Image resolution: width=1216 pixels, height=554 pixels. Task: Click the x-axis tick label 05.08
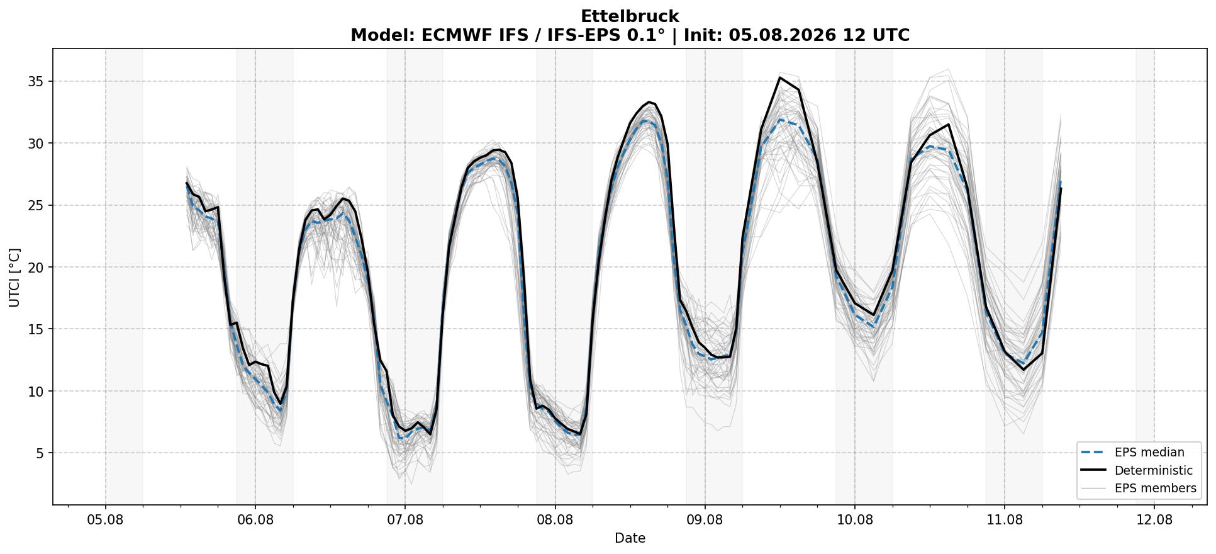[106, 520]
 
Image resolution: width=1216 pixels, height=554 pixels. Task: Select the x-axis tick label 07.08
[405, 520]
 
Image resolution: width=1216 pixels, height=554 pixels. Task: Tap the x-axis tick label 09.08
[705, 520]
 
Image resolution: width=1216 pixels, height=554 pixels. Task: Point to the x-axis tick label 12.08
[1154, 520]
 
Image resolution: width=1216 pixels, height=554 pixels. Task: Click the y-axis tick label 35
[36, 82]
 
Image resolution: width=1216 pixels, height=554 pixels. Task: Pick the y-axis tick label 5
[40, 453]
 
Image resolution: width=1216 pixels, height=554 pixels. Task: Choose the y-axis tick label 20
[36, 268]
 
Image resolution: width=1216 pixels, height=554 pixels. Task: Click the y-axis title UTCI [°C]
[14, 277]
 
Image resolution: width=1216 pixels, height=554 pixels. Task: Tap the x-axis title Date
[630, 538]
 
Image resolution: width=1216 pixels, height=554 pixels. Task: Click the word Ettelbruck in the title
[630, 16]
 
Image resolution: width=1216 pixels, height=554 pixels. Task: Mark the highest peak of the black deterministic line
[779, 77]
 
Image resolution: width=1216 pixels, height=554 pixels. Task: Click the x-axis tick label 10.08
[854, 520]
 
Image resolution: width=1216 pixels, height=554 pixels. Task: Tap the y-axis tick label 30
[36, 144]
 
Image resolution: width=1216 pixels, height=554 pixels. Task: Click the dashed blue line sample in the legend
[1093, 453]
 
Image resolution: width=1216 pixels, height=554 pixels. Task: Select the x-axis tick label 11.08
[1005, 520]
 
